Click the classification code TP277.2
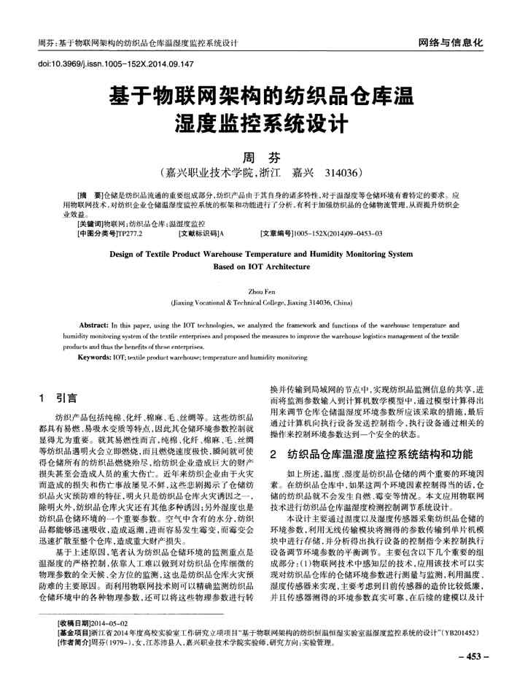coord(131,234)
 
